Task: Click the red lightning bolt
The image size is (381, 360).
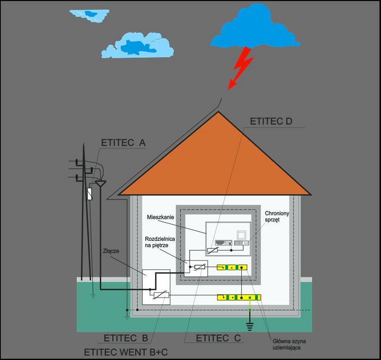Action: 241,67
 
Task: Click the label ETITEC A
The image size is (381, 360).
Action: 123,143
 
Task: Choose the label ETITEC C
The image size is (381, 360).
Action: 219,339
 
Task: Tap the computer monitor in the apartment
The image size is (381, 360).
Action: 241,236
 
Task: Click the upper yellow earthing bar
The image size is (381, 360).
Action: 233,267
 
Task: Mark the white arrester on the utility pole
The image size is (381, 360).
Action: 90,194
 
